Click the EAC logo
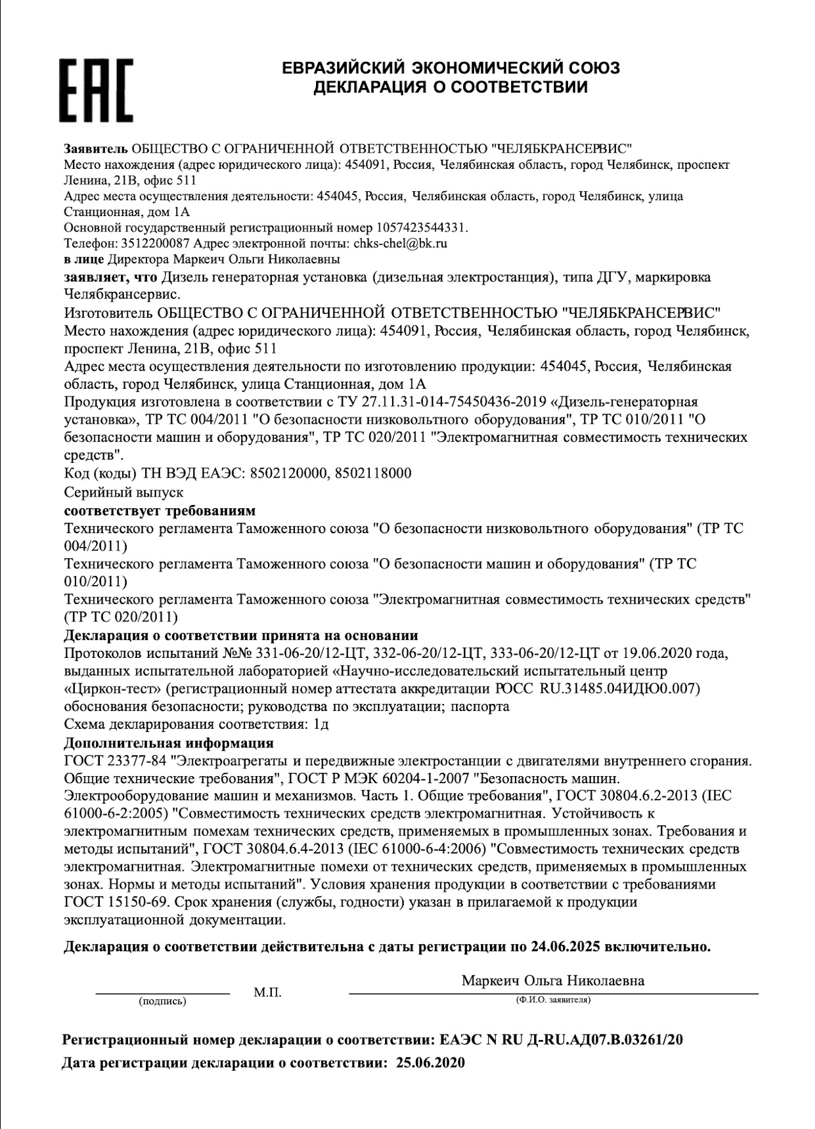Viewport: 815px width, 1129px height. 97,90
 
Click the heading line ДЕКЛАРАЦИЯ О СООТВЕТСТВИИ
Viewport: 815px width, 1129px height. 450,88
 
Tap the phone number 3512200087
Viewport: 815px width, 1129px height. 155,244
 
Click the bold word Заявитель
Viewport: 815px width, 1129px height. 96,148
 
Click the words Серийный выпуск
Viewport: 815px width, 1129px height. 124,492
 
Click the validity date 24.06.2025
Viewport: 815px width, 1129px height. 565,947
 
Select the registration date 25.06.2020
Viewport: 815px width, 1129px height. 431,1063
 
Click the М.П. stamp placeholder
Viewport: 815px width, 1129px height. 267,992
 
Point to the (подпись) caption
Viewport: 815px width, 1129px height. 162,1001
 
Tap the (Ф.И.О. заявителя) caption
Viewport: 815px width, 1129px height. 553,1000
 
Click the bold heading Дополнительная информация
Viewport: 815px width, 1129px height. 169,743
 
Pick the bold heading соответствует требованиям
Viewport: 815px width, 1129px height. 160,511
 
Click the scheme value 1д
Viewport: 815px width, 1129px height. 320,724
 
